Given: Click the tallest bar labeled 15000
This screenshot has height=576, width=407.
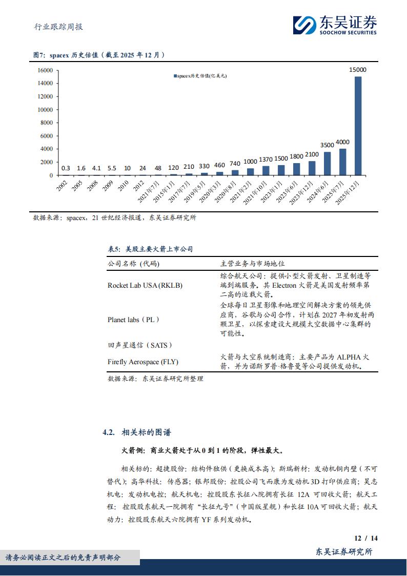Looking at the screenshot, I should click(x=358, y=126).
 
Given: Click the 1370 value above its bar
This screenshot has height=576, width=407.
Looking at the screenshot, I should click(x=266, y=160).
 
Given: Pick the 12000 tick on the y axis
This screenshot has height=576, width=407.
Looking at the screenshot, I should click(x=46, y=96).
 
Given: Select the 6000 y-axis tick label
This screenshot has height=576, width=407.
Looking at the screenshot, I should click(x=47, y=136).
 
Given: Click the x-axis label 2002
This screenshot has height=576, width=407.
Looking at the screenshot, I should click(x=62, y=186).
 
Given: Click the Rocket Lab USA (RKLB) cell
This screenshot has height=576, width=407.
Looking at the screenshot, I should click(x=145, y=285).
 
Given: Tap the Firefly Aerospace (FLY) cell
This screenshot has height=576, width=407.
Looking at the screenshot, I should click(x=143, y=362).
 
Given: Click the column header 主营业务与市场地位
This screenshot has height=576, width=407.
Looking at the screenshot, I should click(x=252, y=264).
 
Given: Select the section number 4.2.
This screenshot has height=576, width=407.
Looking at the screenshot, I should click(x=108, y=432).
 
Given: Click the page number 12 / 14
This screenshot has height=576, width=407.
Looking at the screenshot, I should click(x=366, y=538).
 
